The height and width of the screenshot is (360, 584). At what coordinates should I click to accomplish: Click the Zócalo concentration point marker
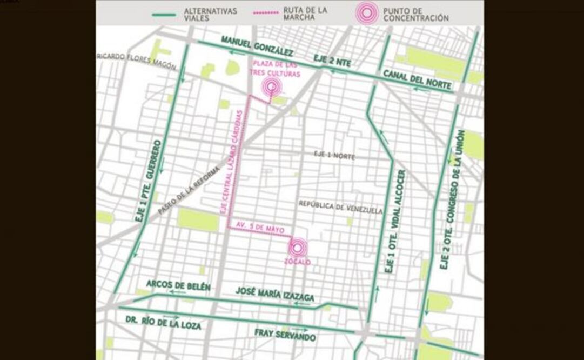(x=297, y=248)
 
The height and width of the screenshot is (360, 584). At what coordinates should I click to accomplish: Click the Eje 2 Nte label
(x=332, y=61)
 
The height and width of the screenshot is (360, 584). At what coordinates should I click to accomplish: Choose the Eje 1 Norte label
(x=335, y=155)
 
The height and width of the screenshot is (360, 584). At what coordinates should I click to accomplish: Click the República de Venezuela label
(x=340, y=208)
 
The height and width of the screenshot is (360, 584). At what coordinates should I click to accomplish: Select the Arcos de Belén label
(x=178, y=285)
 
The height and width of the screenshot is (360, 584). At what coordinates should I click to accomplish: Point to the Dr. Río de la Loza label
(x=163, y=322)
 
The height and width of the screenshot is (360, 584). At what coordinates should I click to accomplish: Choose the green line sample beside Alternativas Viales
(x=164, y=15)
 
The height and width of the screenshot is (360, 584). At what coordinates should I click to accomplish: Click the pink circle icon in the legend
(x=367, y=13)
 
